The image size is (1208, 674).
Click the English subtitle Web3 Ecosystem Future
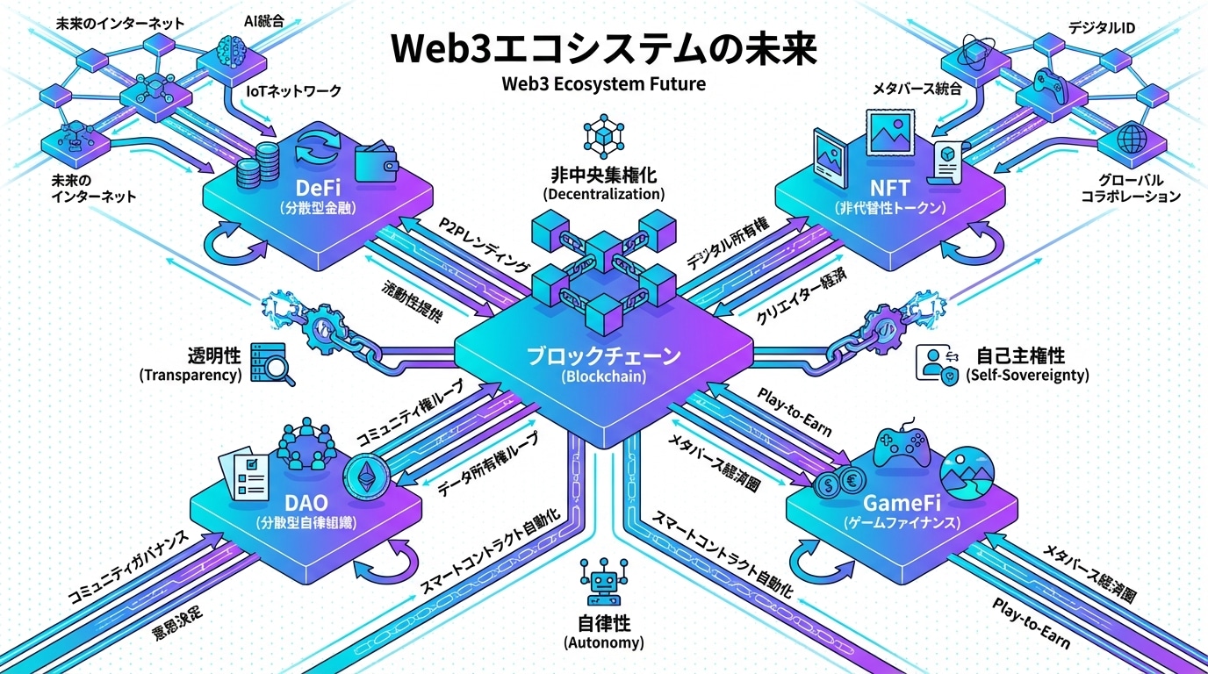604,85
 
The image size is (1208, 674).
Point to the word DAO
307,504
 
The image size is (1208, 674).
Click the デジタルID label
1101,28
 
